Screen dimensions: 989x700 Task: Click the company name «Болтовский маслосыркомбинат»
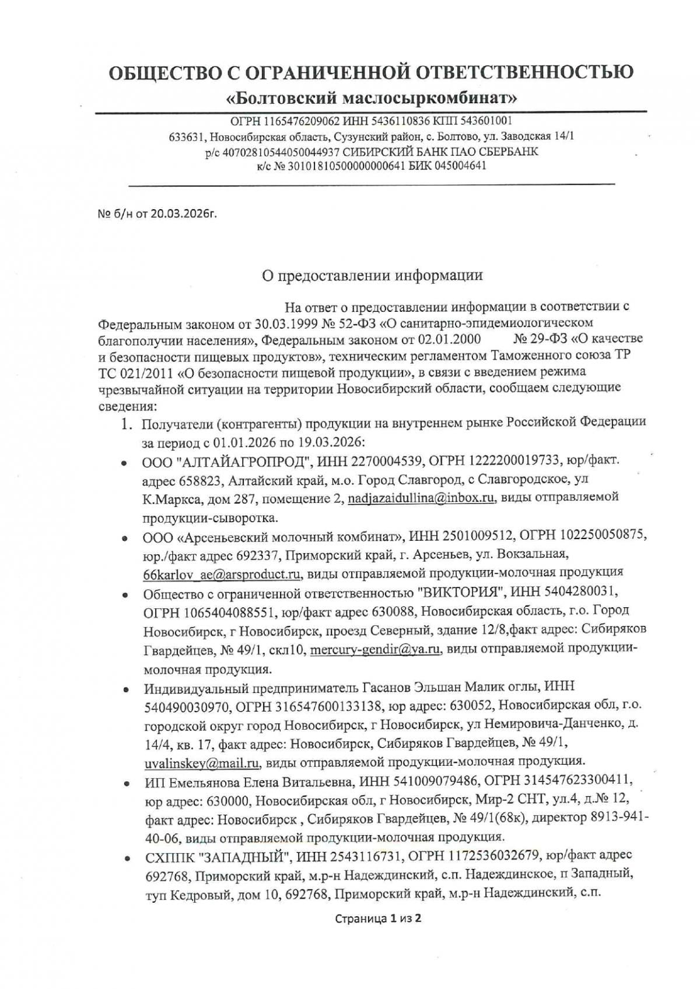[371, 98]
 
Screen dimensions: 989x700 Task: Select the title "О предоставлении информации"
[372, 275]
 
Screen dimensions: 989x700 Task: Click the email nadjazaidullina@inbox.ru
[421, 497]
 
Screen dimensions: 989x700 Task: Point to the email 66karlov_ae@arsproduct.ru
[222, 573]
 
